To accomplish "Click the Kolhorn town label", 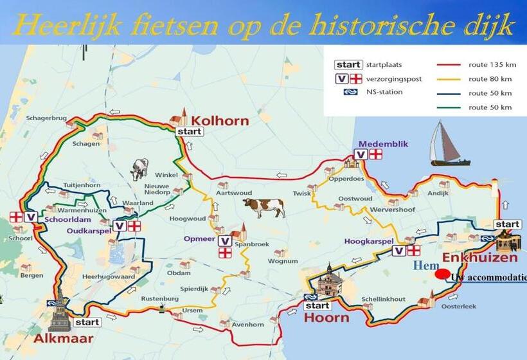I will (219, 120).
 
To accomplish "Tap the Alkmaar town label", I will (64, 338).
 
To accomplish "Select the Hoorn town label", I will (326, 318).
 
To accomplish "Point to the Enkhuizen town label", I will (480, 258).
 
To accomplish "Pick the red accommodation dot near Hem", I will (442, 274).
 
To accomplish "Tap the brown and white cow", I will (263, 208).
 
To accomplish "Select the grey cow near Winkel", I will (139, 169).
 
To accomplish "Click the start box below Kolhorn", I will (189, 132).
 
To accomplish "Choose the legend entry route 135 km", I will (492, 65).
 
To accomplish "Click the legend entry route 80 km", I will (490, 79).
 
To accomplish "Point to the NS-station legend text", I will (384, 92).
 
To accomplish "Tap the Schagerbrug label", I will (46, 118).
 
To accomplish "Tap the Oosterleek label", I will (459, 306).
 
